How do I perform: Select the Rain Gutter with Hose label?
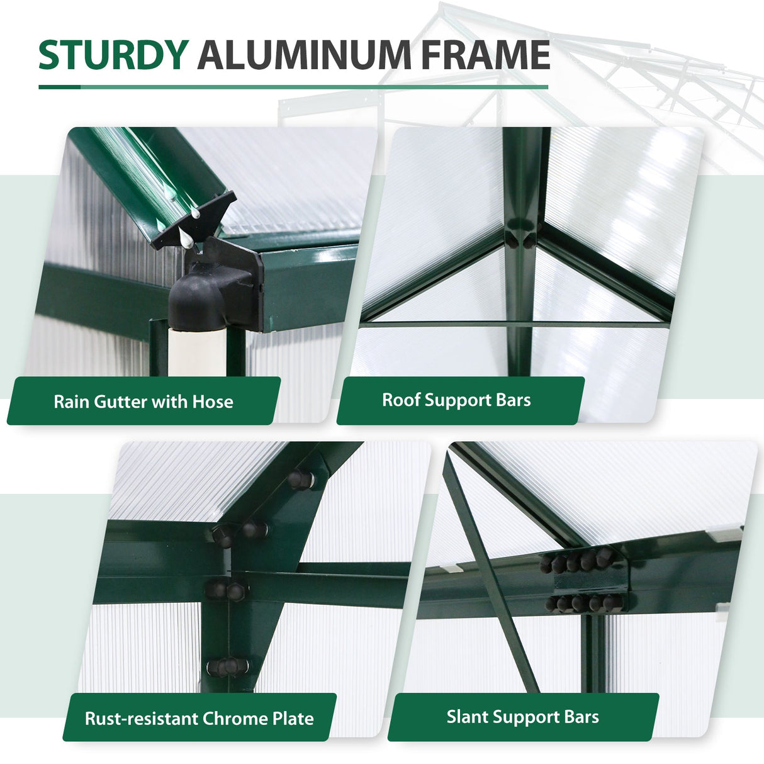click(143, 401)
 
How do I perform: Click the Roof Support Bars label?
click(457, 400)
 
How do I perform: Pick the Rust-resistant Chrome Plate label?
click(199, 718)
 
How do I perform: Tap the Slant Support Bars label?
click(522, 717)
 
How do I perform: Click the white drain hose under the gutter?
click(196, 350)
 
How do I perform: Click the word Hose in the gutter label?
click(213, 402)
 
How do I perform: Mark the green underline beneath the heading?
click(293, 87)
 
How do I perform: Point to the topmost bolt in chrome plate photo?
click(299, 480)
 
